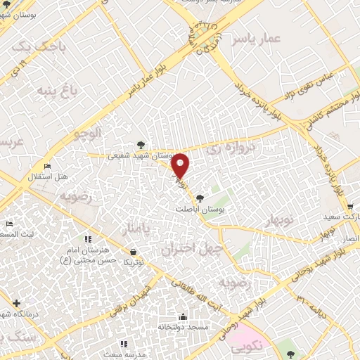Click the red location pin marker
181,165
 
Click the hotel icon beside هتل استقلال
47,166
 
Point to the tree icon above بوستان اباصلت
200,198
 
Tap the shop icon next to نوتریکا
134,251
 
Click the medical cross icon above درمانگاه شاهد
16,303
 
